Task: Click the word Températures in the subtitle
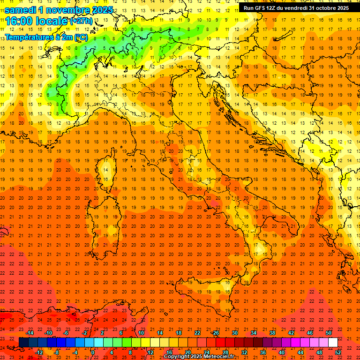point(27,37)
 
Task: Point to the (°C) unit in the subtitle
point(80,37)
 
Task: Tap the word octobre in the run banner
point(323,8)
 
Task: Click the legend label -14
point(30,333)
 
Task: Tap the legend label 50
point(329,333)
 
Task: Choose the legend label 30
point(235,333)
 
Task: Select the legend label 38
point(272,333)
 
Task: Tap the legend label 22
point(197,333)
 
